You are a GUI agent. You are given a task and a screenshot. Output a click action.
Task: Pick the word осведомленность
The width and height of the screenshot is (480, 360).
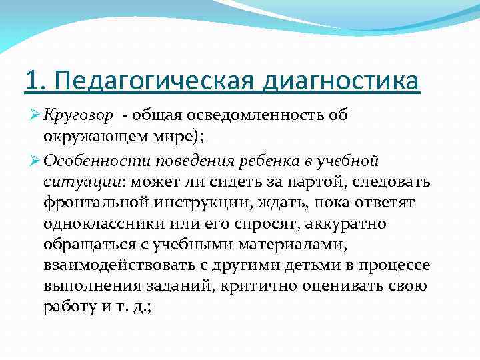[266, 115]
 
